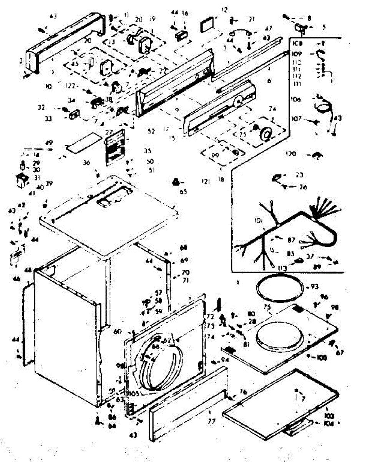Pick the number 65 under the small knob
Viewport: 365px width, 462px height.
point(183,191)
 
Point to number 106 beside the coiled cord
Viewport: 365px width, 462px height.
point(295,100)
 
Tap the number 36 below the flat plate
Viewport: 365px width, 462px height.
point(86,163)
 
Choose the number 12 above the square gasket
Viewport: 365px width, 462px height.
point(224,9)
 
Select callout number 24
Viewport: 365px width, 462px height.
point(273,108)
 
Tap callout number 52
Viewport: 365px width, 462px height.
point(151,131)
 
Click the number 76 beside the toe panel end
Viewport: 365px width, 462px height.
point(242,392)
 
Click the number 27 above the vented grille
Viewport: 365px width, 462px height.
point(109,132)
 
